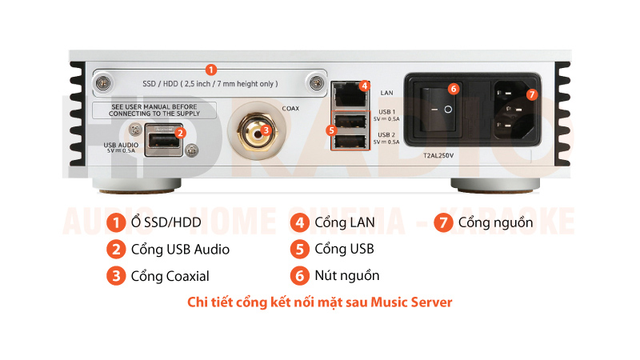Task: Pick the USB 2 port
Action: pos(348,142)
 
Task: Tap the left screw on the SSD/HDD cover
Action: pos(104,83)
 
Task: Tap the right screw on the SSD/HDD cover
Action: pos(318,83)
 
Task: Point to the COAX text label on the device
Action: pos(291,108)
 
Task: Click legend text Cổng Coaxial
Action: pos(170,276)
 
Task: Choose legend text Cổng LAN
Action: pos(345,222)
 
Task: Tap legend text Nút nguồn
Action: pos(347,275)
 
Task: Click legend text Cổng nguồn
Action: pos(495,222)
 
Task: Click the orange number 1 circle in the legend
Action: pos(116,222)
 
